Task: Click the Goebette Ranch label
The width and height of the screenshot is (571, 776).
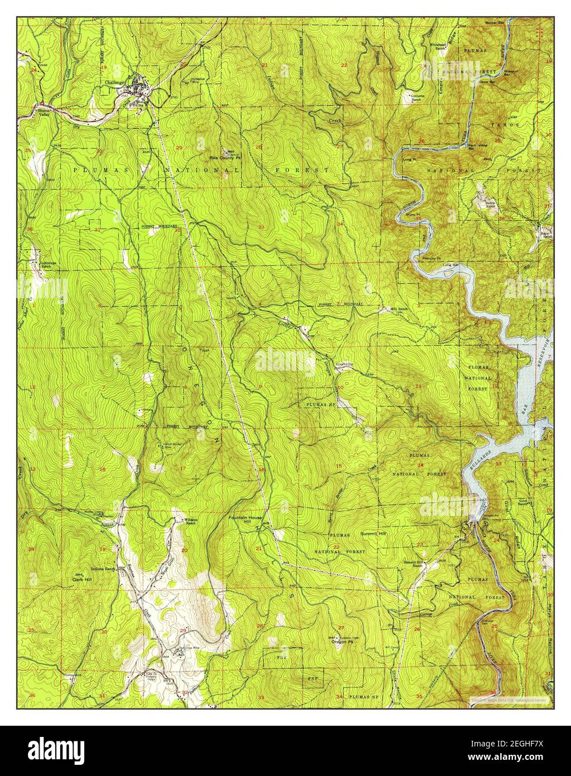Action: click(x=419, y=98)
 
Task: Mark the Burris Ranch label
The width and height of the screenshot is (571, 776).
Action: click(x=490, y=204)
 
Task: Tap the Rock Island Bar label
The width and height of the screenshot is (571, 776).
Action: click(x=478, y=147)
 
